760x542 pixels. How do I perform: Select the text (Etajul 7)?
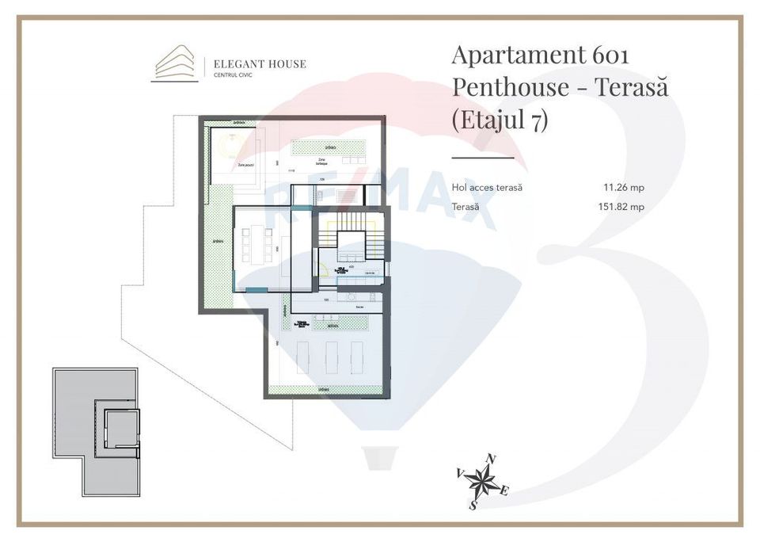pyautogui.click(x=500, y=121)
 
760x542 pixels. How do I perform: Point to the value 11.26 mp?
pyautogui.click(x=623, y=188)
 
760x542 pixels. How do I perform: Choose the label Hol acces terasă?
pyautogui.click(x=486, y=188)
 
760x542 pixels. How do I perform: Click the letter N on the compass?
pyautogui.click(x=491, y=459)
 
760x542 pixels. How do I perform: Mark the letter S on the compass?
pyautogui.click(x=473, y=505)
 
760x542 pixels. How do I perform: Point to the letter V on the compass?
pyautogui.click(x=459, y=472)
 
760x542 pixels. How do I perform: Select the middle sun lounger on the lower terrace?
pyautogui.click(x=331, y=357)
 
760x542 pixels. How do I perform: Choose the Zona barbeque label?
pyautogui.click(x=323, y=161)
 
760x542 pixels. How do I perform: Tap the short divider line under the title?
pyautogui.click(x=482, y=158)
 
